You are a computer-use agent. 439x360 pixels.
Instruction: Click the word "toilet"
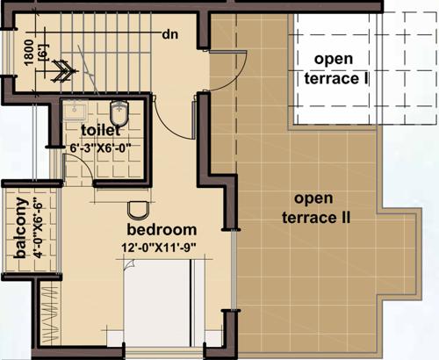coord(107,132)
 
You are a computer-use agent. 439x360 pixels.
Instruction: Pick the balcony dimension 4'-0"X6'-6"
coord(36,228)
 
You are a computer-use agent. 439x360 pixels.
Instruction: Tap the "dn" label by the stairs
coord(170,34)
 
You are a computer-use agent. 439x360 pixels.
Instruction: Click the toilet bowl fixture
coord(120,112)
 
